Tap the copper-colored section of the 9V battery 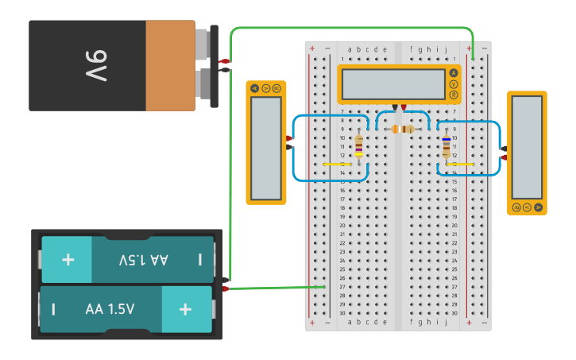pyautogui.click(x=169, y=66)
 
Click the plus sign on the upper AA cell pyautogui.click(x=68, y=260)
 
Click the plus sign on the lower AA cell pyautogui.click(x=185, y=308)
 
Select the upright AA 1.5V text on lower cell pyautogui.click(x=110, y=309)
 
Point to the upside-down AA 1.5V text pyautogui.click(x=144, y=260)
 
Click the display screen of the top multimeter pyautogui.click(x=393, y=84)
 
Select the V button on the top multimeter pyautogui.click(x=454, y=84)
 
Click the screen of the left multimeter pyautogui.click(x=266, y=148)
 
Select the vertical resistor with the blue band pyautogui.click(x=446, y=146)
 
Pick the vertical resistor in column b pyautogui.click(x=359, y=146)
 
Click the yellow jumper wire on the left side pyautogui.click(x=337, y=165)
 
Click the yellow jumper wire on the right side pyautogui.click(x=460, y=165)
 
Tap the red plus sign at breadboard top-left pyautogui.click(x=311, y=49)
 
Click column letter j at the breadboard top pyautogui.click(x=446, y=49)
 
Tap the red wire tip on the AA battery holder pyautogui.click(x=225, y=288)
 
